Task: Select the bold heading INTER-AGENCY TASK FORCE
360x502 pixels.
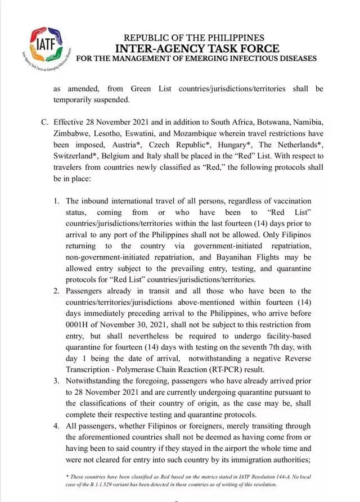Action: pos(194,48)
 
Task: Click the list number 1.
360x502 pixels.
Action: pos(57,201)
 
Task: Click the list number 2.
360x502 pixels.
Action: pos(57,291)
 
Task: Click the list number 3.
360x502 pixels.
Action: pos(57,381)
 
